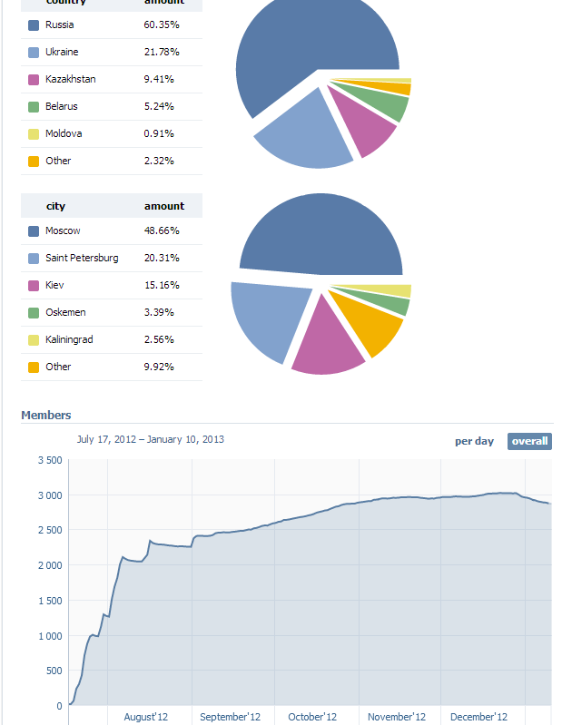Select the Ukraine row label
click(x=61, y=52)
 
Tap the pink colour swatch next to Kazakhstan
click(x=34, y=79)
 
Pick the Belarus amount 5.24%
click(x=159, y=106)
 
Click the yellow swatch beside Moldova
click(x=34, y=133)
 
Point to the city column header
click(x=55, y=206)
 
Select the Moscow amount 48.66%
click(x=162, y=230)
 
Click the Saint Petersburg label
click(x=82, y=258)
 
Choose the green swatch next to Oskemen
click(x=34, y=312)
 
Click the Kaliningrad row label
click(x=69, y=339)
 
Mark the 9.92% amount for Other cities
click(x=159, y=367)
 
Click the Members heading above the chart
click(x=45, y=415)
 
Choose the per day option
click(x=474, y=441)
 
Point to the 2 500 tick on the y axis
click(x=49, y=530)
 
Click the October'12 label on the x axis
click(x=312, y=717)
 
